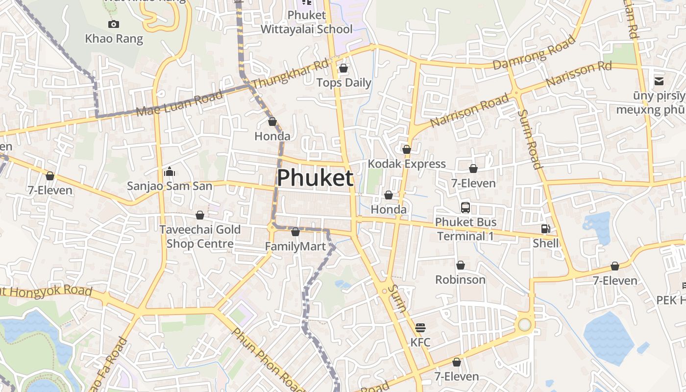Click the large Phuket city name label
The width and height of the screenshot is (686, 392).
pyautogui.click(x=315, y=178)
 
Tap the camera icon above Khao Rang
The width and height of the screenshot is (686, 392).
pyautogui.click(x=114, y=24)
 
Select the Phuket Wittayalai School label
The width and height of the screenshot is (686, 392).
pyautogui.click(x=306, y=22)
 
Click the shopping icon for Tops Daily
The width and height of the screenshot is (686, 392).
pyautogui.click(x=343, y=68)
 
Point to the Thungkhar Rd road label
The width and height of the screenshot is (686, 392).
pyautogui.click(x=290, y=75)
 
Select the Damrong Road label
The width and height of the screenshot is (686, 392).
pyautogui.click(x=534, y=52)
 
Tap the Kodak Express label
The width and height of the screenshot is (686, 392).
pyautogui.click(x=407, y=164)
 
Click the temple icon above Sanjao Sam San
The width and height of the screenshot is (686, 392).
pyautogui.click(x=170, y=171)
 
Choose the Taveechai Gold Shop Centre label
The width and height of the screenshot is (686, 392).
pyautogui.click(x=200, y=236)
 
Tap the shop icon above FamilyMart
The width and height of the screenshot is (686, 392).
pyautogui.click(x=295, y=232)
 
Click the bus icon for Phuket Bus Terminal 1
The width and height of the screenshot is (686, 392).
pyautogui.click(x=465, y=208)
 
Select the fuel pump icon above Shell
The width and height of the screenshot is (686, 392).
pyautogui.click(x=545, y=229)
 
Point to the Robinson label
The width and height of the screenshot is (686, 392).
pyautogui.click(x=461, y=279)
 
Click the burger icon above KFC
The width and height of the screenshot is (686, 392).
pyautogui.click(x=420, y=327)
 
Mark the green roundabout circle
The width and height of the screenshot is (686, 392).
pyautogui.click(x=525, y=324)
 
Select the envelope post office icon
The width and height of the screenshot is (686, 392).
pyautogui.click(x=659, y=81)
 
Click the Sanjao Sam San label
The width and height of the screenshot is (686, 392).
pyautogui.click(x=170, y=186)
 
